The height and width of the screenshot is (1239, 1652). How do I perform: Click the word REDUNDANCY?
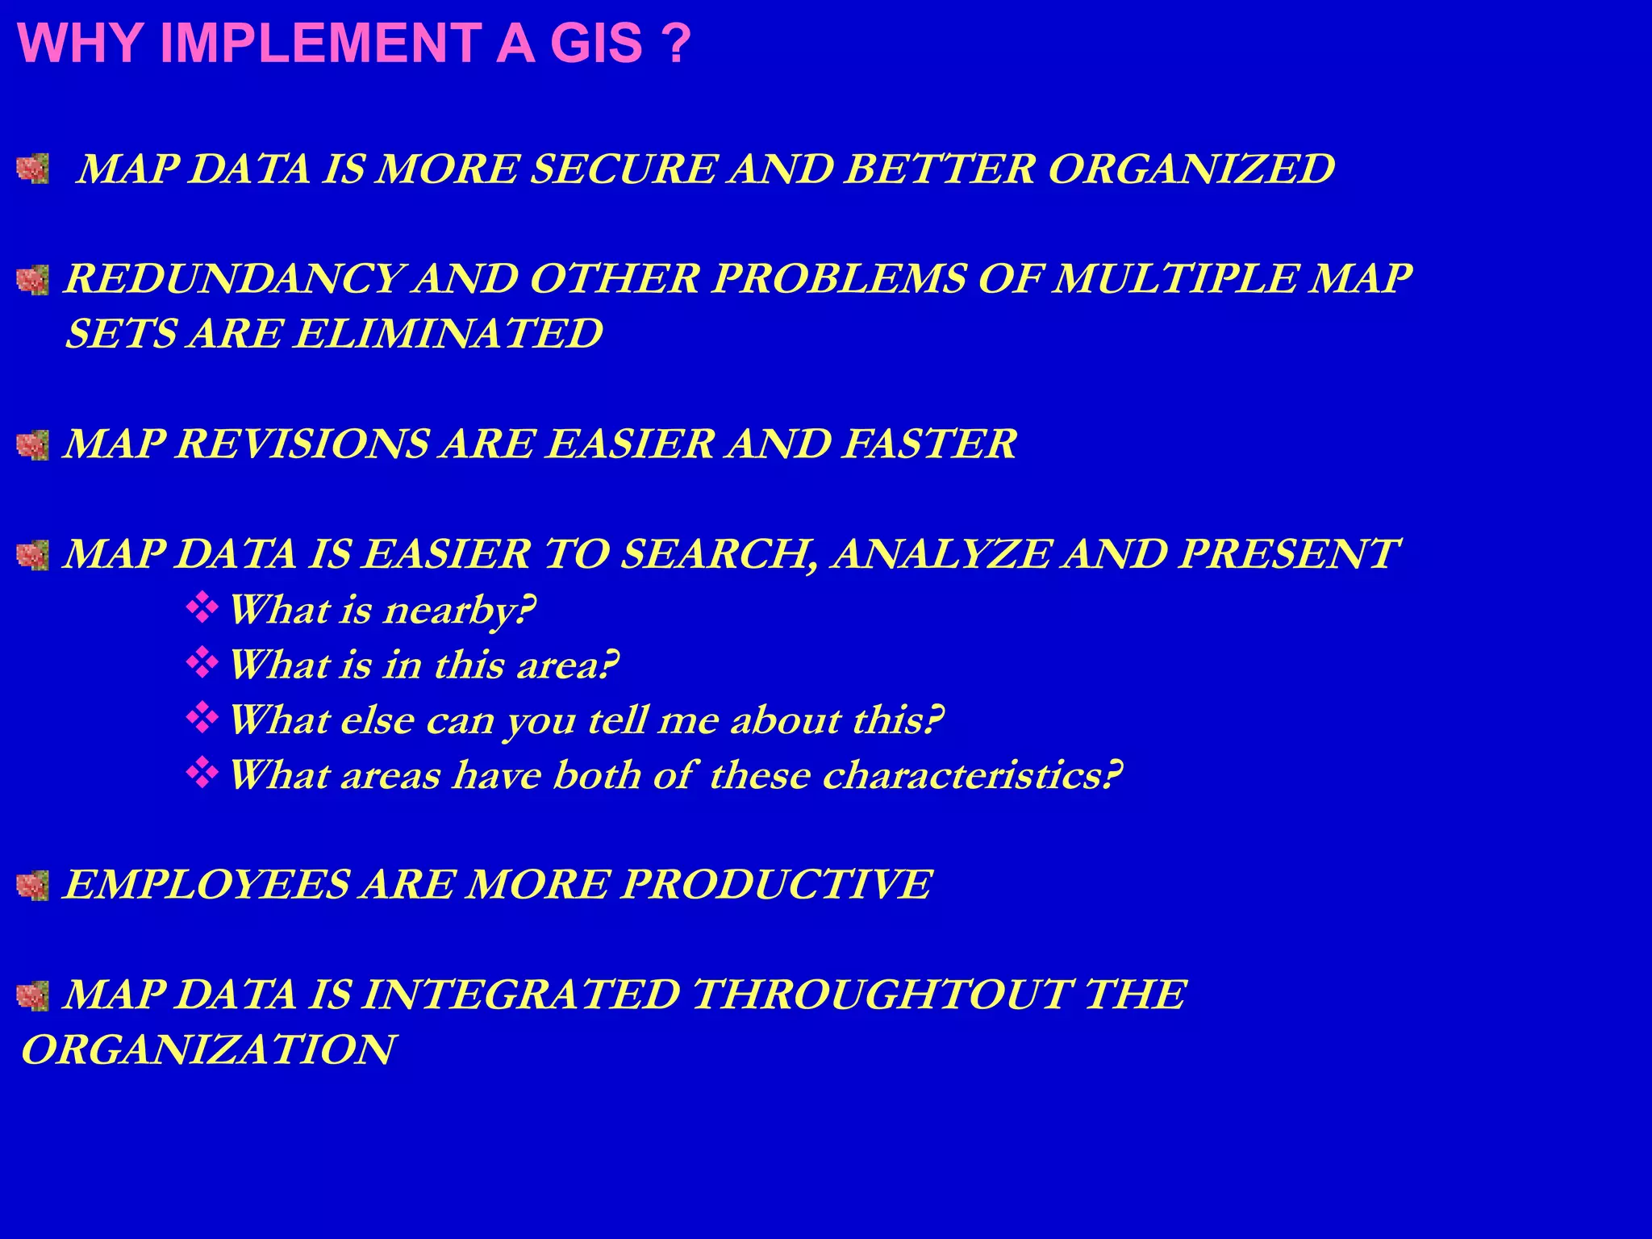click(x=232, y=279)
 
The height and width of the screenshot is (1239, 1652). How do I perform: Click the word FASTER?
click(x=928, y=444)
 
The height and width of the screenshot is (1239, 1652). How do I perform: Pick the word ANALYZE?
click(x=941, y=555)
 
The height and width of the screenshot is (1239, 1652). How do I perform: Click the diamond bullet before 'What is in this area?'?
click(x=202, y=663)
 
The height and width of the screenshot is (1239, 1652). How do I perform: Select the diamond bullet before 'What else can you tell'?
click(x=202, y=718)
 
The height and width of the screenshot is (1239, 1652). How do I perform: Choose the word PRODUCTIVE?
click(x=776, y=885)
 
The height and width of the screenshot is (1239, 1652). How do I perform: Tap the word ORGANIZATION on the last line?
click(x=208, y=1050)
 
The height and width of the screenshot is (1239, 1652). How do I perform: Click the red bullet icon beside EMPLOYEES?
click(x=33, y=885)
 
